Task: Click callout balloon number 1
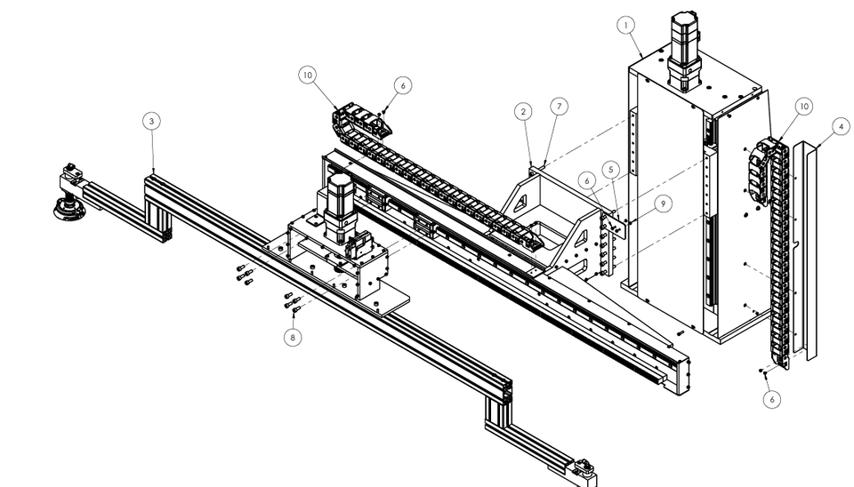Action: (628, 25)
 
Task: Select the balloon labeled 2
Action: (523, 112)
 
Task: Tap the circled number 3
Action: (153, 123)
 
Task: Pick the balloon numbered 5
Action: (611, 169)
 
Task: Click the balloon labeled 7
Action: (558, 107)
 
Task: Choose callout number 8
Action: (293, 337)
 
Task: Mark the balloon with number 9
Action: (662, 204)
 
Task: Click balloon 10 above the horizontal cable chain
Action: (308, 76)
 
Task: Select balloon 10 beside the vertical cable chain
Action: (803, 107)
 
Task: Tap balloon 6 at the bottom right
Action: (771, 399)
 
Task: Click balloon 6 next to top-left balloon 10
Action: (402, 85)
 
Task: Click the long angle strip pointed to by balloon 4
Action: (810, 249)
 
